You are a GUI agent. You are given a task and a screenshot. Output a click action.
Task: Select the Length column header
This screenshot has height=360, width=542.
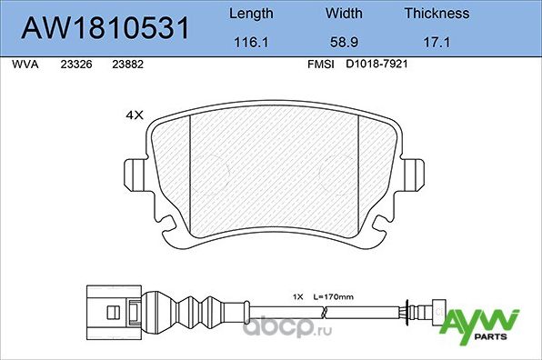coord(251,14)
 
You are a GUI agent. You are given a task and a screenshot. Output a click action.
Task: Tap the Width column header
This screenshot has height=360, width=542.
coord(344,14)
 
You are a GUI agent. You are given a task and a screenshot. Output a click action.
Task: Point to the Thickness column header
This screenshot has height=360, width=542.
coord(437,14)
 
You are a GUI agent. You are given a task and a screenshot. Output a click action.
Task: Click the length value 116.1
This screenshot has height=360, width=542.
coord(251,43)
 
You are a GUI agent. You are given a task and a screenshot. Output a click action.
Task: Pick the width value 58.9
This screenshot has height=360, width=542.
coord(344,43)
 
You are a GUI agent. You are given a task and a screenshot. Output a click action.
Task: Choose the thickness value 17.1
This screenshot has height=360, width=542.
coord(437,43)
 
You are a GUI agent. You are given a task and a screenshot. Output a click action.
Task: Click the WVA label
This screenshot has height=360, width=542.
coord(25,65)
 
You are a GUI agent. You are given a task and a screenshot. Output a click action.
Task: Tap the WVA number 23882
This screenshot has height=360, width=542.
coord(126,65)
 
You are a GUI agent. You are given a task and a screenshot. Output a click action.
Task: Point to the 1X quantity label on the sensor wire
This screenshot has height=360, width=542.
coord(297,296)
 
